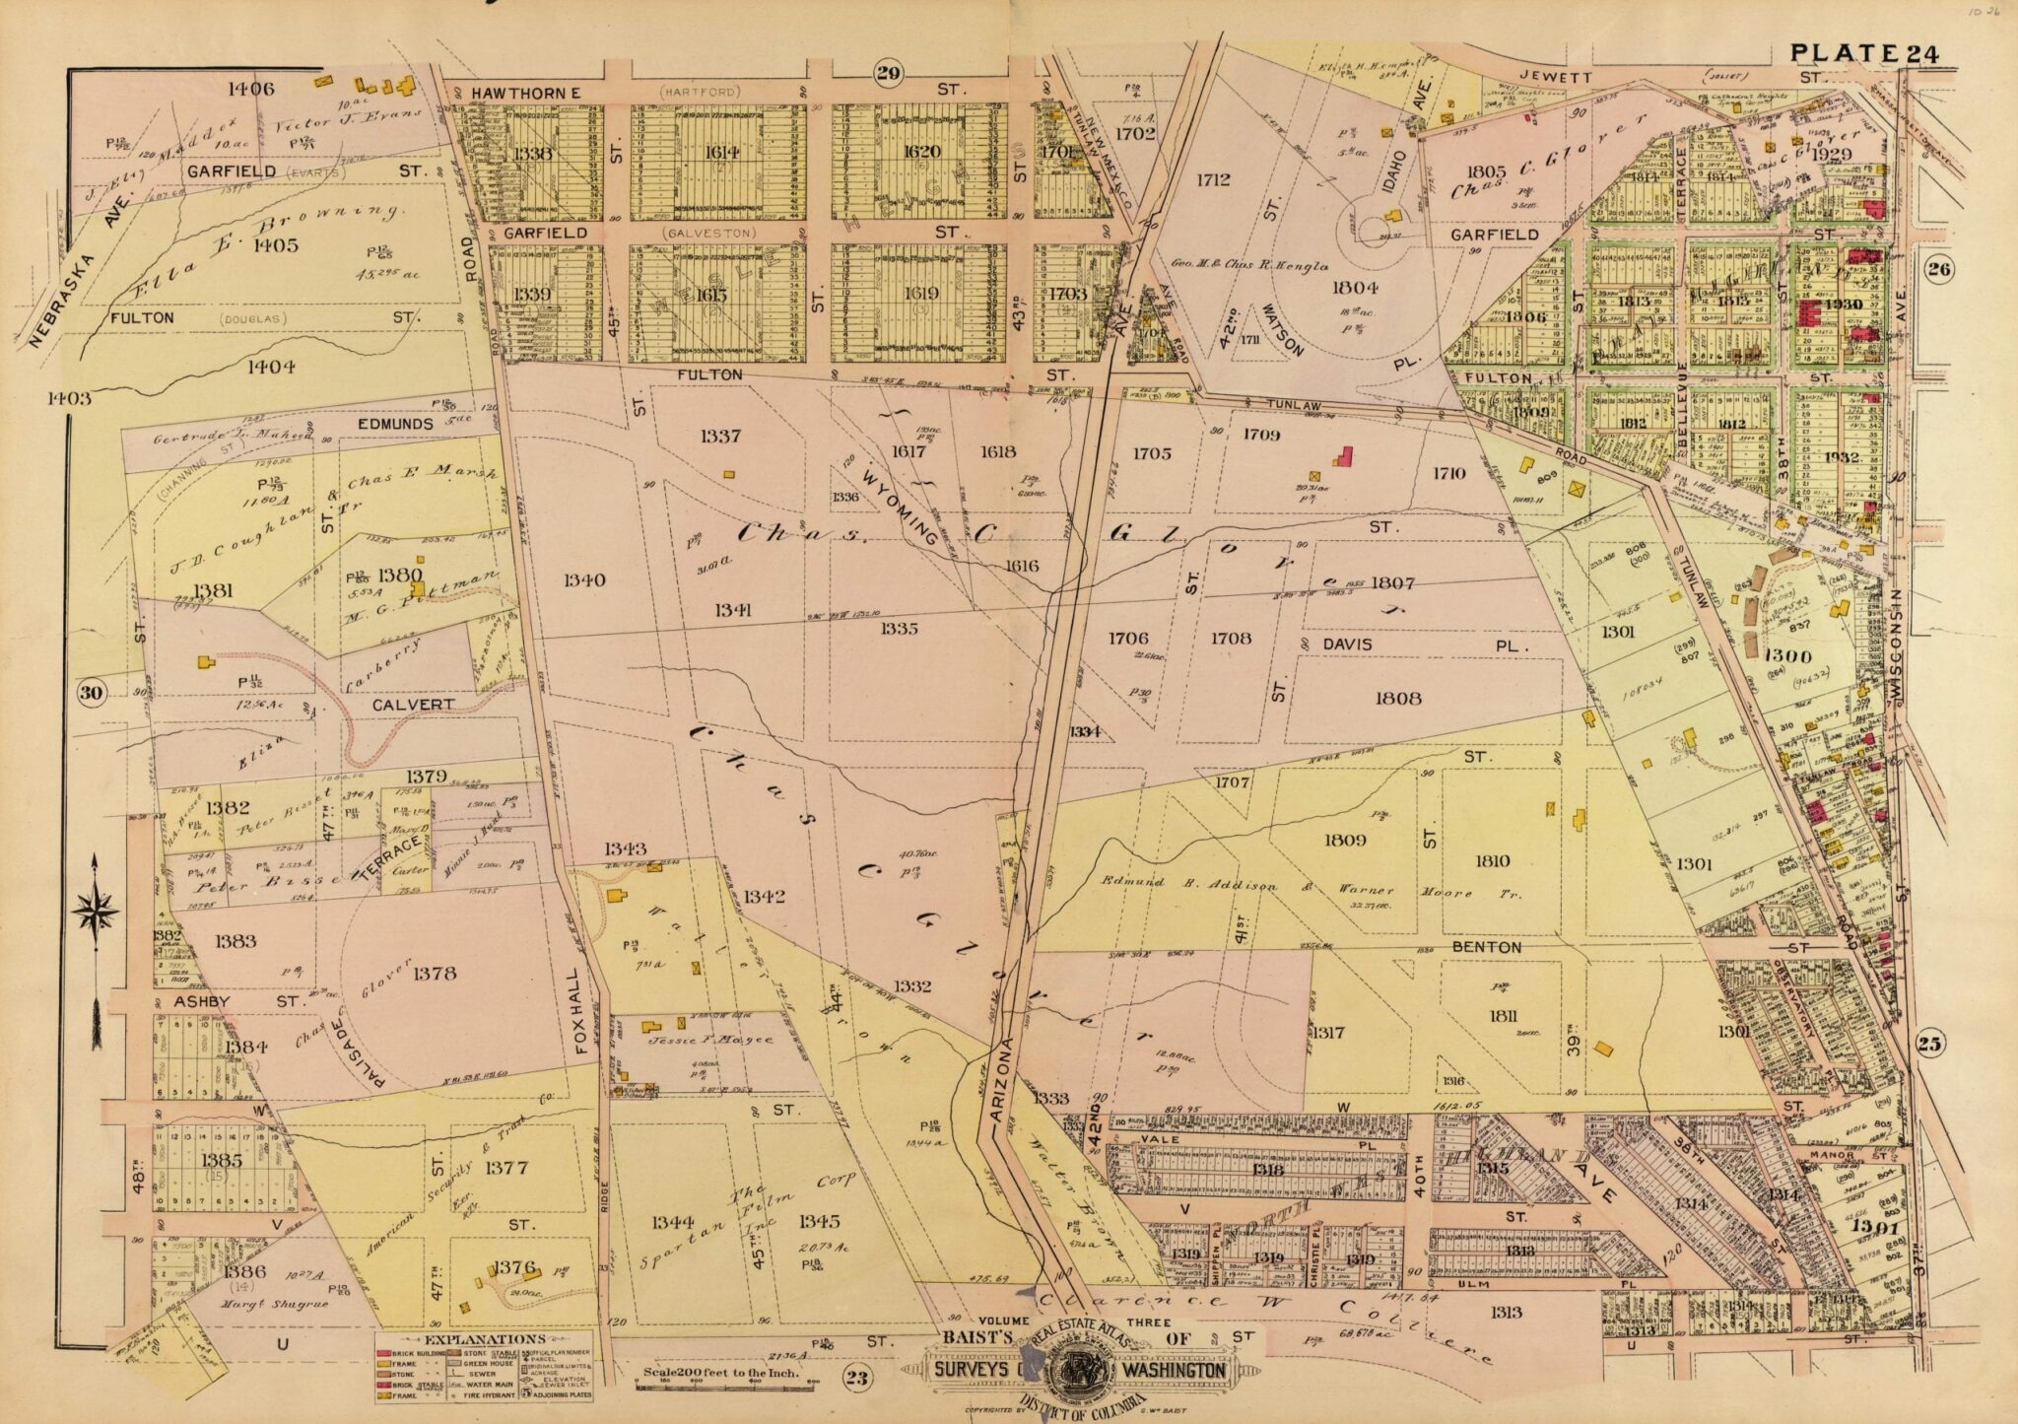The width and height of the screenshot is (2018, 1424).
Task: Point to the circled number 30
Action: pos(92,693)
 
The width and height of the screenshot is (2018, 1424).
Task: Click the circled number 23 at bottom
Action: pos(856,1378)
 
